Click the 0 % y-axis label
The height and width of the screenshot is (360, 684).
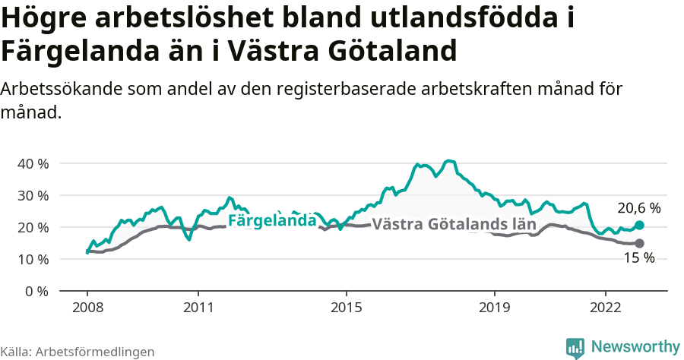36,291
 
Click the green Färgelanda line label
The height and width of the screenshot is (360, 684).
272,221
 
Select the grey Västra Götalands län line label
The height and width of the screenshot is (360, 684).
454,225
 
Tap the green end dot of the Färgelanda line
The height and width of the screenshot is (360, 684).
639,225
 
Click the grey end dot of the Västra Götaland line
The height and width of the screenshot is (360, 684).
639,243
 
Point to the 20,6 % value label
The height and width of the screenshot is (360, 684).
638,207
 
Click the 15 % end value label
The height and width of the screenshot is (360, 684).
638,258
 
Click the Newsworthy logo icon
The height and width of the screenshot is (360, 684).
575,347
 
